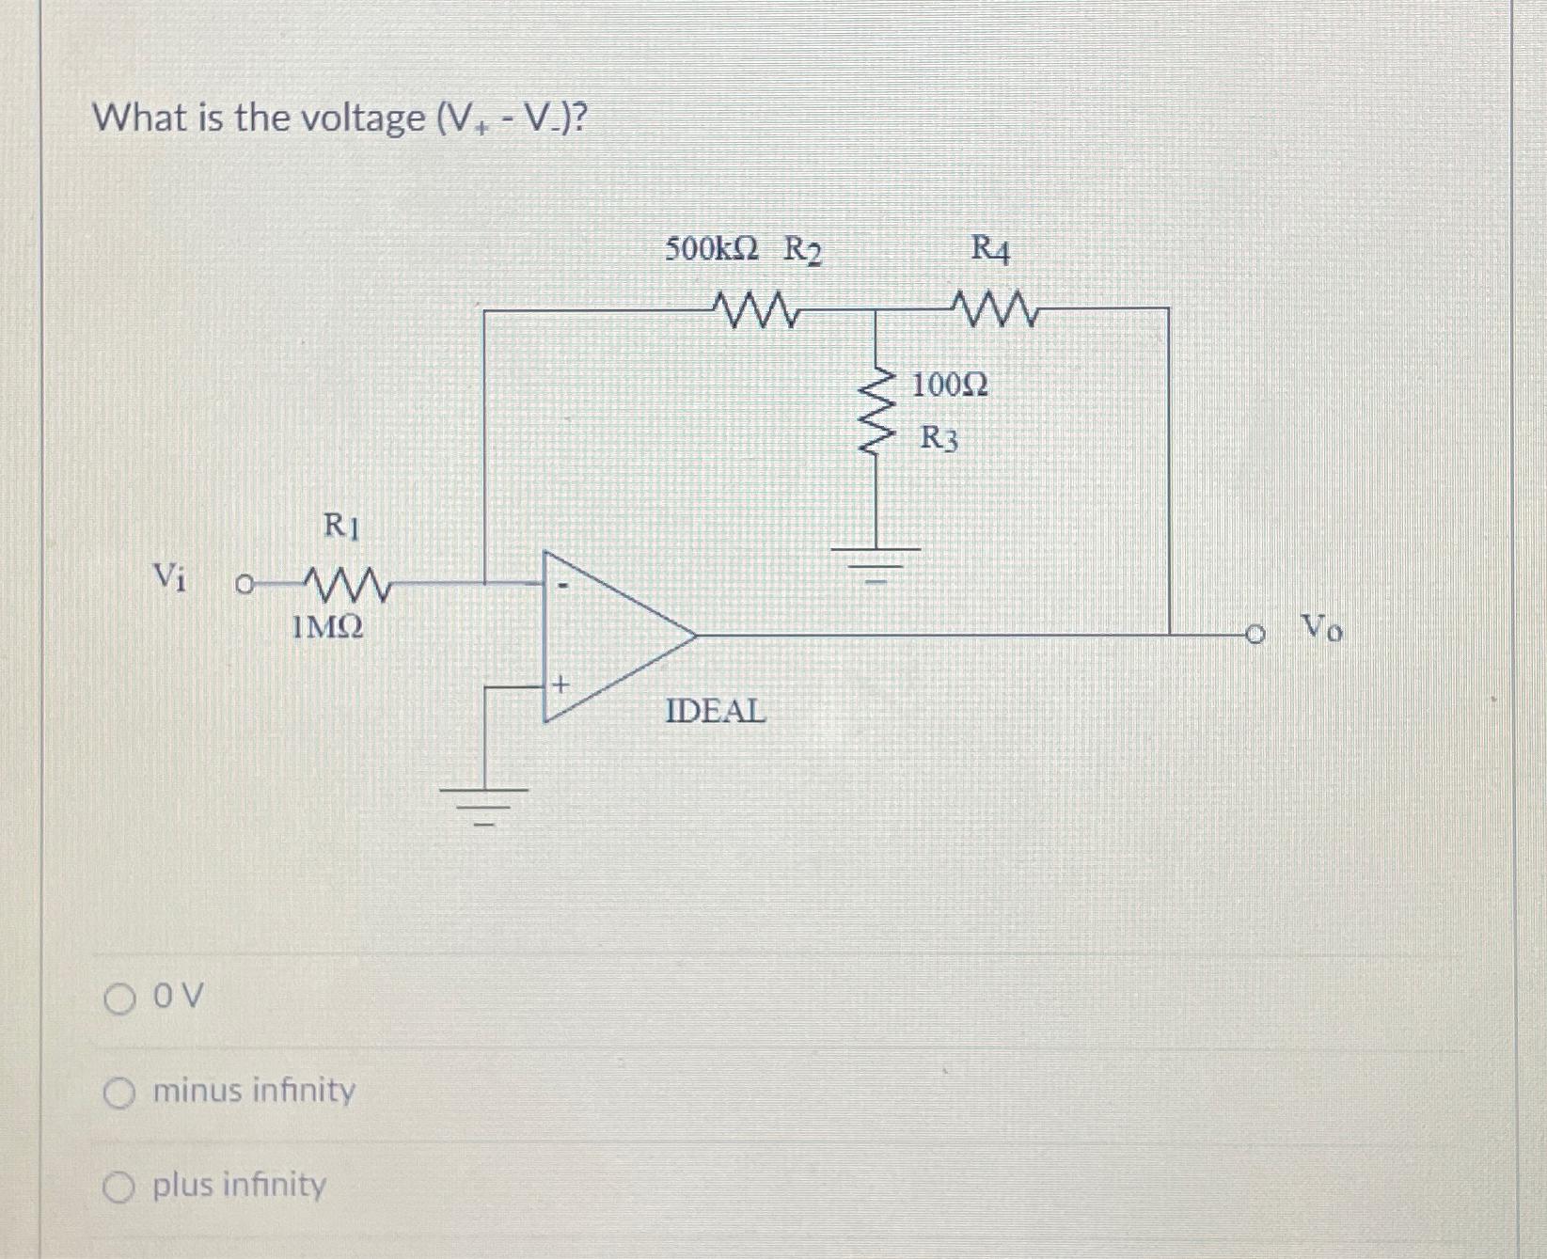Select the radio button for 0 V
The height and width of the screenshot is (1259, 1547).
pyautogui.click(x=120, y=998)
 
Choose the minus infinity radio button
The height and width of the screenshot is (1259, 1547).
pyautogui.click(x=120, y=1094)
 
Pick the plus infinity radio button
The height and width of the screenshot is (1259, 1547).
pyautogui.click(x=120, y=1188)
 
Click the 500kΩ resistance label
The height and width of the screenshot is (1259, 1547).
pyautogui.click(x=712, y=249)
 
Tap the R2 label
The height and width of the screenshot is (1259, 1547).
pyautogui.click(x=802, y=251)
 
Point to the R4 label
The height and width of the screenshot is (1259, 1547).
pyautogui.click(x=990, y=249)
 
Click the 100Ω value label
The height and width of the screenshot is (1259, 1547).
pyautogui.click(x=951, y=384)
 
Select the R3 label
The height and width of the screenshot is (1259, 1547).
pyautogui.click(x=939, y=438)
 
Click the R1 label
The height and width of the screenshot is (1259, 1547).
pyautogui.click(x=340, y=525)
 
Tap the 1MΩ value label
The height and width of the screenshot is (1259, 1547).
pyautogui.click(x=326, y=626)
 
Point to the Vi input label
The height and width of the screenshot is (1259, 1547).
pyautogui.click(x=169, y=574)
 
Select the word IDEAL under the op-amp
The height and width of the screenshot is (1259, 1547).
pyautogui.click(x=716, y=711)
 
